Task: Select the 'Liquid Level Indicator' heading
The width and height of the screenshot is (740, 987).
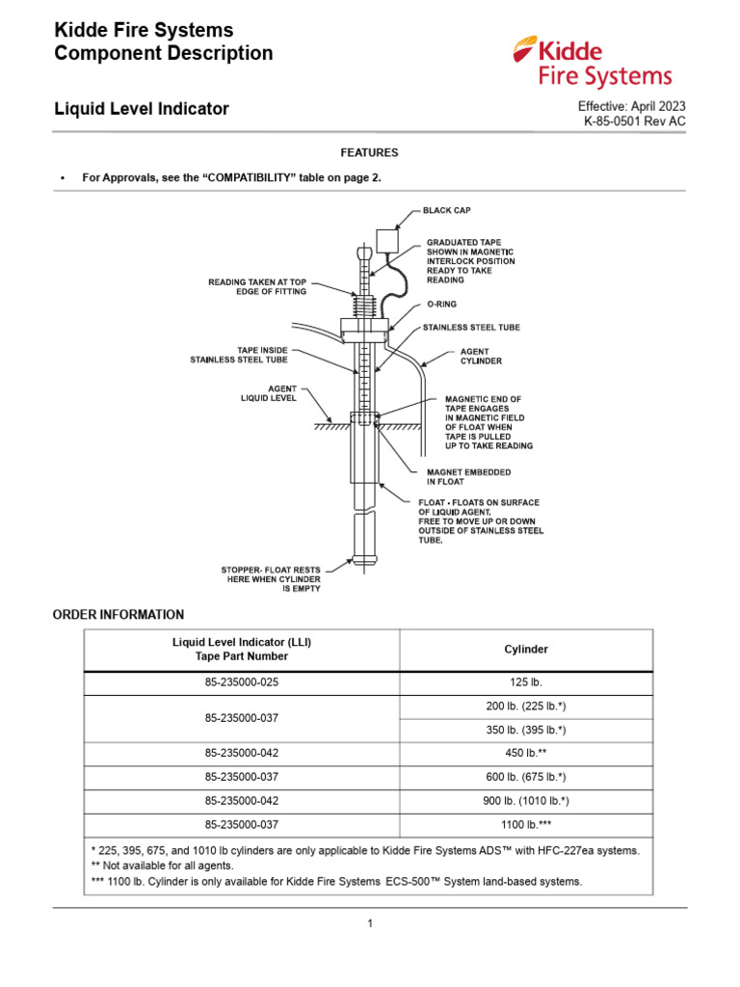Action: (142, 109)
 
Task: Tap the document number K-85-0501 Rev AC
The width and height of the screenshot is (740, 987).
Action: (635, 121)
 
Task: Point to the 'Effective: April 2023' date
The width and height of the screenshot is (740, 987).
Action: (632, 105)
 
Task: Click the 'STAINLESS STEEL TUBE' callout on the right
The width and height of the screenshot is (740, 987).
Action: (471, 328)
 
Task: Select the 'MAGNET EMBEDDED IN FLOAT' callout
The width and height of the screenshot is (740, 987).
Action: (469, 477)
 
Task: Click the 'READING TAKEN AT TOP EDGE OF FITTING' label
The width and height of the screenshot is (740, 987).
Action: (257, 286)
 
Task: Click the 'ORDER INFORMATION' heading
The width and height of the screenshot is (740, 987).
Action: (119, 614)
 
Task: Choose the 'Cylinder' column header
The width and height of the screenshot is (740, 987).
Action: (526, 650)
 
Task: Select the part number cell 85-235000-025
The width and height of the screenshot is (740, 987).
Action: (242, 682)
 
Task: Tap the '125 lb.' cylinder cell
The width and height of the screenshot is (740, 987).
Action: (526, 682)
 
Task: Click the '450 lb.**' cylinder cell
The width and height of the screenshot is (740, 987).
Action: (526, 754)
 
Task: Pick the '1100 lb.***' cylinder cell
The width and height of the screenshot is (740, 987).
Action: (526, 825)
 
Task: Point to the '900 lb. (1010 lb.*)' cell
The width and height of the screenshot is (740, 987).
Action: (526, 801)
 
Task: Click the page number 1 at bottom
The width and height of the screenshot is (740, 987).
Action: (369, 923)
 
